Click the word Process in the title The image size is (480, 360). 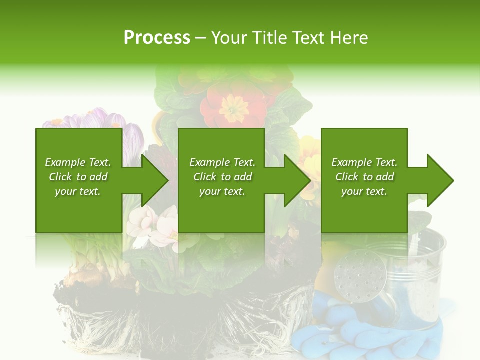(x=157, y=38)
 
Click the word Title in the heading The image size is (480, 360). (x=269, y=38)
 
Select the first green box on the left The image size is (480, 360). (x=79, y=180)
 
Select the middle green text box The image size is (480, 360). (x=221, y=180)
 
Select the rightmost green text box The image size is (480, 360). (x=364, y=180)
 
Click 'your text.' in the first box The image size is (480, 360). (x=77, y=191)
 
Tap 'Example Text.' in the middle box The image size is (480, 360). (x=222, y=162)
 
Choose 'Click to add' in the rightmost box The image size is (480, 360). (x=364, y=177)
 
